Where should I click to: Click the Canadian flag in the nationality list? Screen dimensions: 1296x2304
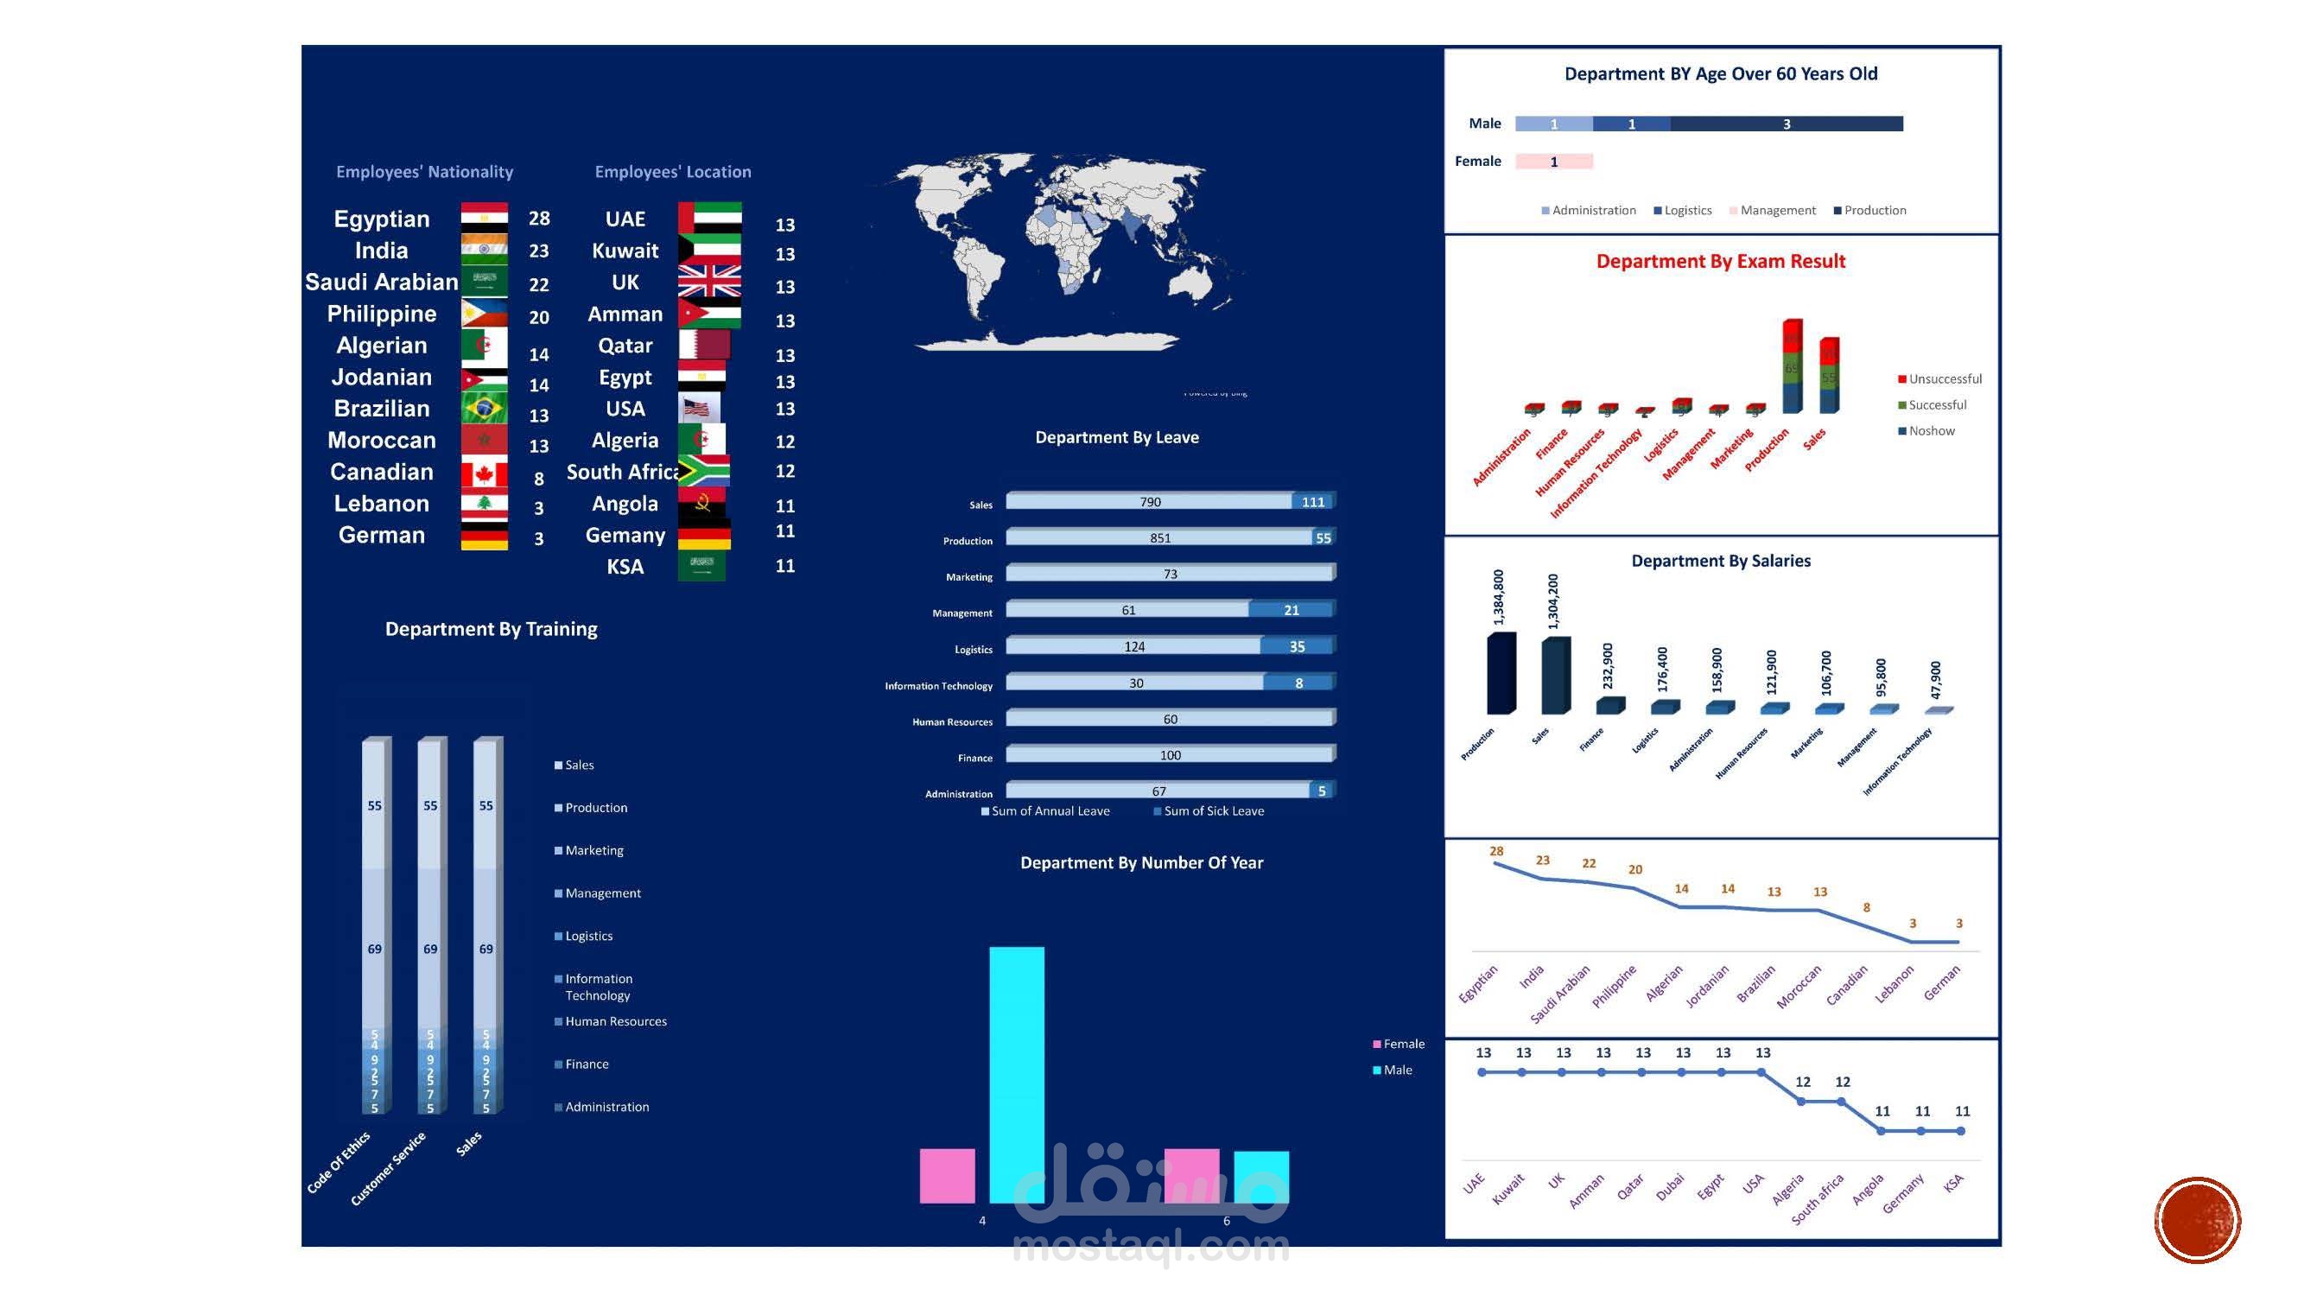pos(484,473)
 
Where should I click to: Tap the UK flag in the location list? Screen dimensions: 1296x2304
pos(709,281)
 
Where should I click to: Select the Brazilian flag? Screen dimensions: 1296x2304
pos(484,409)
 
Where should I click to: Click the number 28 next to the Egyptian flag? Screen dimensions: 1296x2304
pos(539,219)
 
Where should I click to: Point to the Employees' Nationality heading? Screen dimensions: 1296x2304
pos(425,172)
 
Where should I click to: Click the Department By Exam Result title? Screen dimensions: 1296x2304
pos(1720,261)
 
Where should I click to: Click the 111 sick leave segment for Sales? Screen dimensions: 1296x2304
pos(1313,502)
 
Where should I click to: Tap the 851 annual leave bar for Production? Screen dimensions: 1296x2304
pos(1159,537)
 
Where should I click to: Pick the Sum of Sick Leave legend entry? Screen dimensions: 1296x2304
pos(1213,811)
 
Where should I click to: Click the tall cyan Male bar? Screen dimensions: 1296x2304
pos(1016,1073)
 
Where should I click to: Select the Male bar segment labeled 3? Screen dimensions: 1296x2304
pos(1787,124)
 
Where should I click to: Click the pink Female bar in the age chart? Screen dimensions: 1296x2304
pos(1553,162)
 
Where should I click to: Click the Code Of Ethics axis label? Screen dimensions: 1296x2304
pos(338,1162)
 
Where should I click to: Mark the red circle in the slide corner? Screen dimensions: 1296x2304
pos(2197,1220)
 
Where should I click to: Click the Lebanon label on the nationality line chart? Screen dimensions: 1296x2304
pos(1895,983)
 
